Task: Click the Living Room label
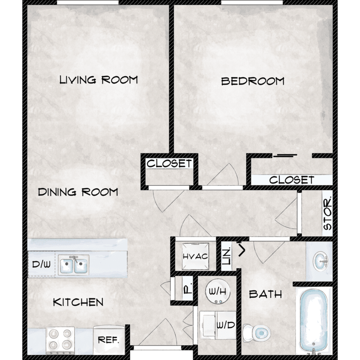98,80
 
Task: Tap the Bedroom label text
252,81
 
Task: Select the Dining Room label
78,192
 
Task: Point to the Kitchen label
78,302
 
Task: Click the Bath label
265,294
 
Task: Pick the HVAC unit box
195,256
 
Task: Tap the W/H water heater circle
217,291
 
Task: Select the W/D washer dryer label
226,325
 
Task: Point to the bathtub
313,322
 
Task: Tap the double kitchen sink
73,264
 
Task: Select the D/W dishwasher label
41,264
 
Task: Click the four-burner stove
60,340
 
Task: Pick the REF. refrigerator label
108,340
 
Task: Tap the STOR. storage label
327,213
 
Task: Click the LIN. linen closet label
227,256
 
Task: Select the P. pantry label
188,289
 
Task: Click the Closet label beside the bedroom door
169,164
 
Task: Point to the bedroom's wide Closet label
291,180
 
